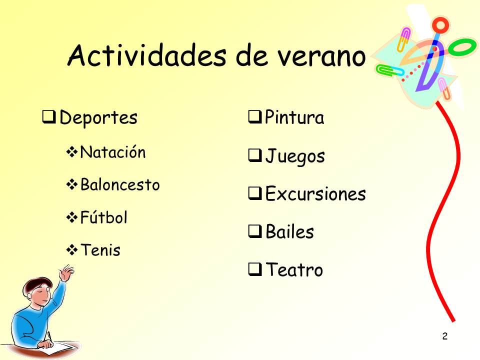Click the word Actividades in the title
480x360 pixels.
coord(147,55)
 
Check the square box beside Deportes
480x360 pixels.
coord(48,117)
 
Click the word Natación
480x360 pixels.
coord(112,152)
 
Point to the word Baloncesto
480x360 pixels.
coord(120,184)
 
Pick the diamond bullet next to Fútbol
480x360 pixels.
coord(72,217)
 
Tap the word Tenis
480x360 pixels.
coord(100,250)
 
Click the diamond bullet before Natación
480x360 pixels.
coord(72,152)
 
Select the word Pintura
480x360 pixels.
coord(294,117)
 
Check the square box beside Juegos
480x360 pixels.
coord(254,155)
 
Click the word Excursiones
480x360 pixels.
coord(315,193)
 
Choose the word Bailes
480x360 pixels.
coord(289,231)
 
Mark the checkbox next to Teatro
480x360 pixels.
coord(254,269)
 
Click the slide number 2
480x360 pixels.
coord(445,336)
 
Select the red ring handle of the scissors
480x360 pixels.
coord(440,25)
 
